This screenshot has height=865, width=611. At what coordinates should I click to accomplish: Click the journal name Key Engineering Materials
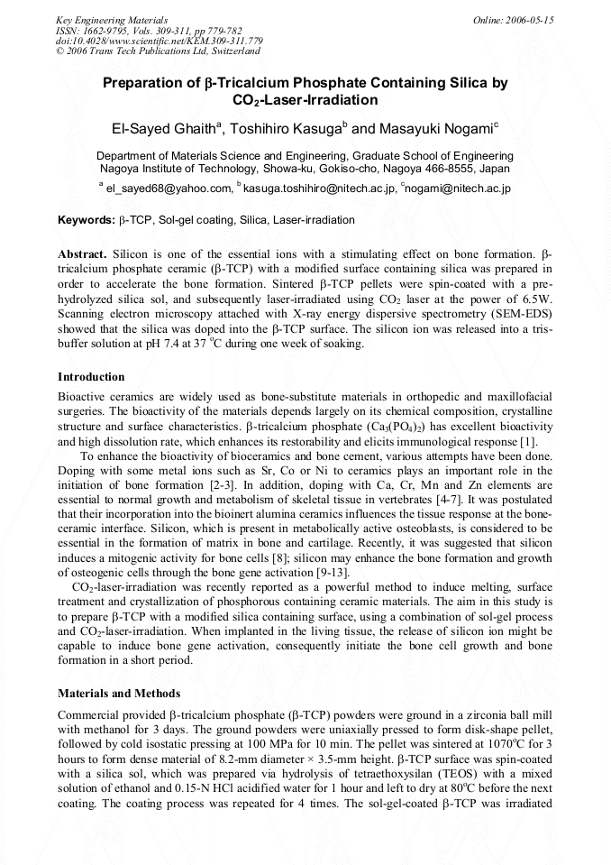coord(111,19)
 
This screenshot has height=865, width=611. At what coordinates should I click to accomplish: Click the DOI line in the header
coord(159,41)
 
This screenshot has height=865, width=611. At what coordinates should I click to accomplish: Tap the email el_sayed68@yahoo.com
coord(169,189)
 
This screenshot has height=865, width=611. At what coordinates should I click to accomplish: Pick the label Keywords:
coord(86,220)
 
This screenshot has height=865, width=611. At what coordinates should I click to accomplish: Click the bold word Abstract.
coord(82,255)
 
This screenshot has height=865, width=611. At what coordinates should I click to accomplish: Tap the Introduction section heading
coord(91,376)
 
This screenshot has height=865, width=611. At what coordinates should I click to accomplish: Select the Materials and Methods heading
coord(119,694)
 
